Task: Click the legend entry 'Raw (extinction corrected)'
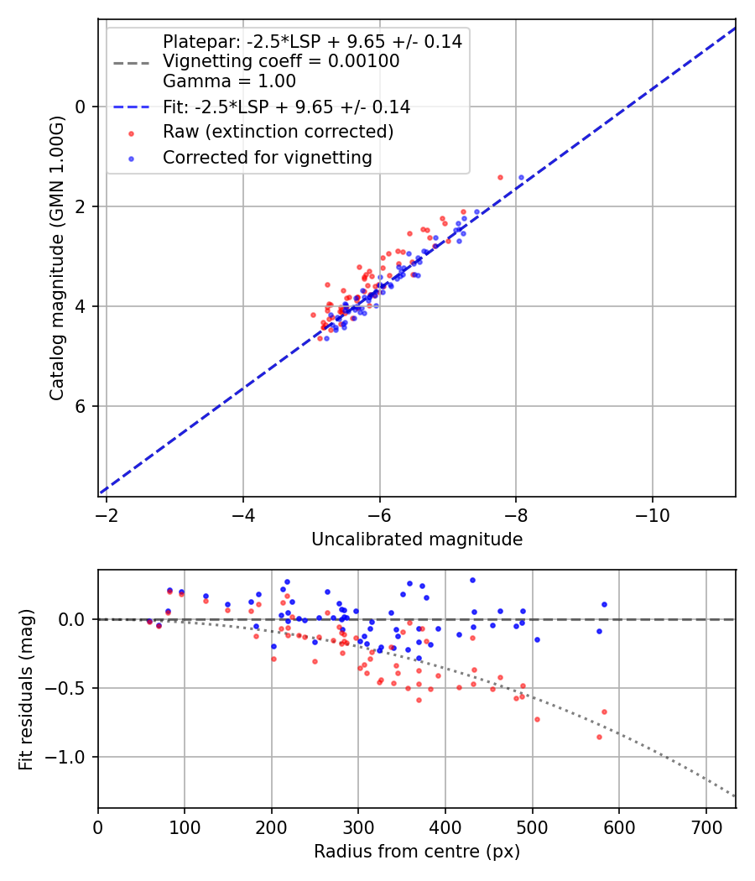[x=278, y=132]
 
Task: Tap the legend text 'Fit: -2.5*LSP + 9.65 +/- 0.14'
[x=286, y=107]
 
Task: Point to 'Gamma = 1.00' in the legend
[x=229, y=81]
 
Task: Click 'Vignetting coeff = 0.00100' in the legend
[x=281, y=61]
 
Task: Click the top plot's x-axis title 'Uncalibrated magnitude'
[x=417, y=540]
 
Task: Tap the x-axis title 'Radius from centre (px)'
[x=417, y=852]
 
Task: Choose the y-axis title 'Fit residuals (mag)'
[x=26, y=689]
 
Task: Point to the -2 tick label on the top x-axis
[x=107, y=514]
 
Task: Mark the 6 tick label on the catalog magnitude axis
[x=81, y=406]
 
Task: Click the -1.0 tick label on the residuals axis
[x=70, y=757]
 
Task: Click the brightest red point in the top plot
[x=500, y=177]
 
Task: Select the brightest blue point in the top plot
[x=521, y=177]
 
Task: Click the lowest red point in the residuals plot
[x=599, y=737]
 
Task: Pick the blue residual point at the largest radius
[x=604, y=604]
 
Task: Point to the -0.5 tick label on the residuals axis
[x=70, y=688]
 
